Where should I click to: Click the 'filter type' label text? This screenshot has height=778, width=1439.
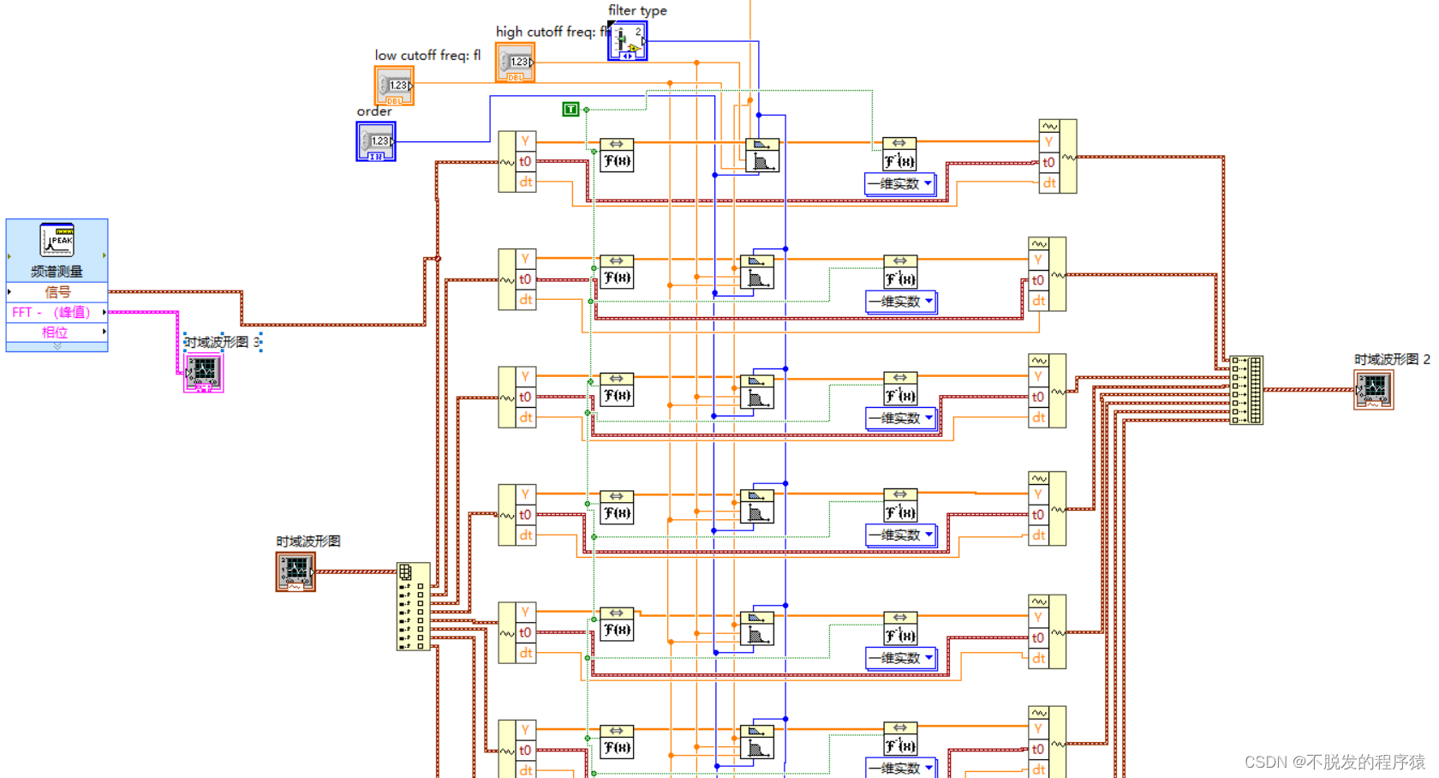[x=637, y=10]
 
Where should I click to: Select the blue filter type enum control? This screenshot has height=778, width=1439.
[x=627, y=41]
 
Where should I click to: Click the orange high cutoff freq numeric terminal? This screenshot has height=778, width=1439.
[x=516, y=63]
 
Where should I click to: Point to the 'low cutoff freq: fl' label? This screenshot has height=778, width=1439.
[x=427, y=55]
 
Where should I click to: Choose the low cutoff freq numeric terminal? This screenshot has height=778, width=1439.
[x=394, y=87]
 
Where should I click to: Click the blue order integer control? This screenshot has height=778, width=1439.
[x=376, y=141]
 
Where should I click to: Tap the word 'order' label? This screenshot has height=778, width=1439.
[x=374, y=111]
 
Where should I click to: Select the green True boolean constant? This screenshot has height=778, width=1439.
[x=570, y=109]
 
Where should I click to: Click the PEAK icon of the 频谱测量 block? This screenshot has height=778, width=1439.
[x=57, y=241]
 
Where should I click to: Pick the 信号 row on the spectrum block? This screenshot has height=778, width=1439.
[x=57, y=292]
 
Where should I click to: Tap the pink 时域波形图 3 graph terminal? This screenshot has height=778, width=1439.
[x=204, y=373]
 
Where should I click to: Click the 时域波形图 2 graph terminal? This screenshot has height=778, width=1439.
[x=1373, y=390]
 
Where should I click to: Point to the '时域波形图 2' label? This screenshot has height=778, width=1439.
[x=1392, y=359]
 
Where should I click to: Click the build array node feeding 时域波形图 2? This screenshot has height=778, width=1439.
[x=1246, y=390]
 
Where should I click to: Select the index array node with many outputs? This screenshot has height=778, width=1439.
[x=413, y=607]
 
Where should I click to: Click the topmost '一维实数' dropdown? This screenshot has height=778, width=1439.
[x=900, y=183]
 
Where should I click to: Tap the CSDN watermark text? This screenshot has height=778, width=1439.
[x=1335, y=762]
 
